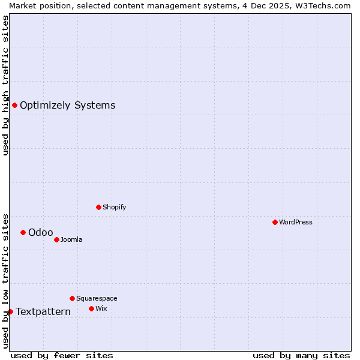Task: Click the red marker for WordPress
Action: (x=275, y=222)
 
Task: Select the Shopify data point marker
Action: (x=98, y=207)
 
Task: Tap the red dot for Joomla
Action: (x=56, y=239)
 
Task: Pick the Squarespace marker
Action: (x=72, y=298)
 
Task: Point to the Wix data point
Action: (x=91, y=308)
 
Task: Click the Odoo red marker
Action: (x=23, y=232)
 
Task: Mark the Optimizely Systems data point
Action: (x=14, y=105)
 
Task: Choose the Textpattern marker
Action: (x=10, y=311)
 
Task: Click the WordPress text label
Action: (x=296, y=222)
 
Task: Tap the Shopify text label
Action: (x=114, y=207)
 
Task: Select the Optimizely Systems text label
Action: (x=67, y=106)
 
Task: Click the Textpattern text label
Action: (x=43, y=311)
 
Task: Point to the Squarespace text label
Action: (x=97, y=298)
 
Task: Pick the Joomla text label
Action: (x=71, y=239)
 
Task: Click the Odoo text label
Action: (x=41, y=233)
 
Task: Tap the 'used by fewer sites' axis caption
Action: (x=62, y=355)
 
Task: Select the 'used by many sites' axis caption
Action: (x=301, y=355)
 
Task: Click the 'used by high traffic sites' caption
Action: (x=5, y=85)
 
